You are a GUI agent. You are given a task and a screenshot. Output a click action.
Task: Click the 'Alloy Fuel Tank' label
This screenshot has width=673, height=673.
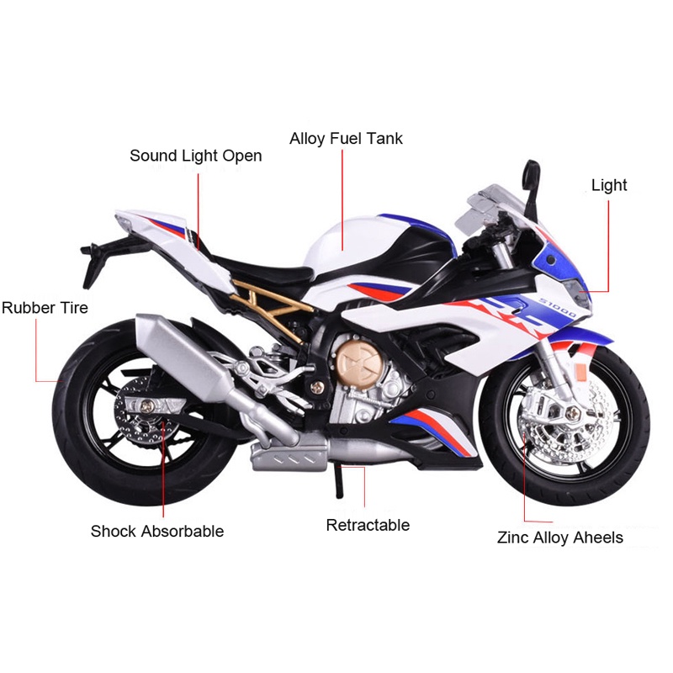(x=346, y=138)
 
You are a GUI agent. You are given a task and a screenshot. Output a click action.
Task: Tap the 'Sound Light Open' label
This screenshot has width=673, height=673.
(x=195, y=156)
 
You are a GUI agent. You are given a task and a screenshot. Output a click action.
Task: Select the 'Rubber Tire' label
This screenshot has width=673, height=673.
(x=45, y=308)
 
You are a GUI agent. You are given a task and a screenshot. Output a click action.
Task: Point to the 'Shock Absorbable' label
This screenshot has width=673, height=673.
(x=157, y=531)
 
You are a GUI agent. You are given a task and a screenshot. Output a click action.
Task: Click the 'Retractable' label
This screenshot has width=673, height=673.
(x=368, y=525)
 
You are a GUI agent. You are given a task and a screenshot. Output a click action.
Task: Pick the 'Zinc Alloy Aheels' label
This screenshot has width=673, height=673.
(x=560, y=537)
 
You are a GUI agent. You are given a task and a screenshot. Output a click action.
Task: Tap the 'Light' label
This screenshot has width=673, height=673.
(x=609, y=185)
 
